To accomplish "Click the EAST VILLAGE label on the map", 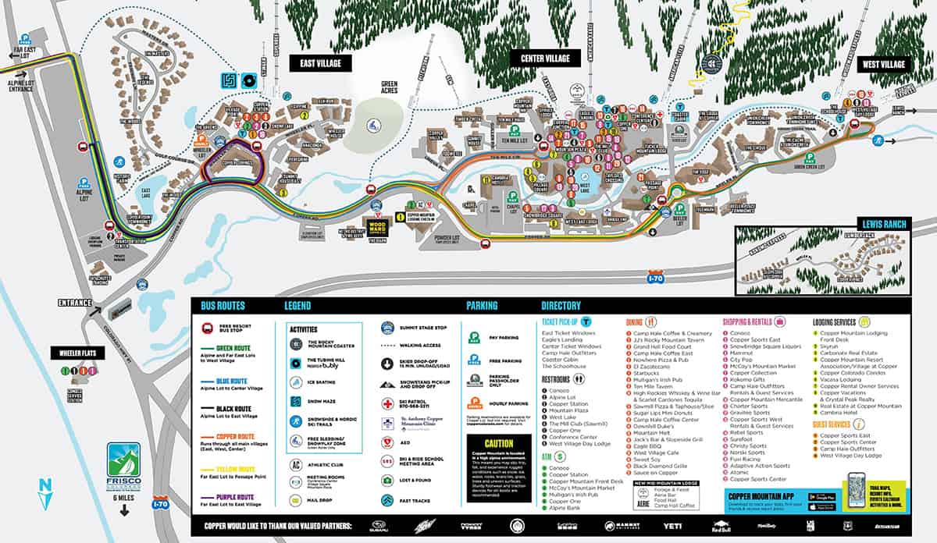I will (x=320, y=62).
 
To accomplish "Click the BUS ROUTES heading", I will (x=223, y=306).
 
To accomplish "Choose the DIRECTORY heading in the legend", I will (x=561, y=306).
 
